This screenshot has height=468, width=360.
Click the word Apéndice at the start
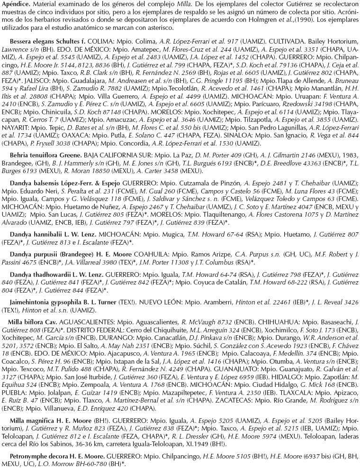tap(14, 4)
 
